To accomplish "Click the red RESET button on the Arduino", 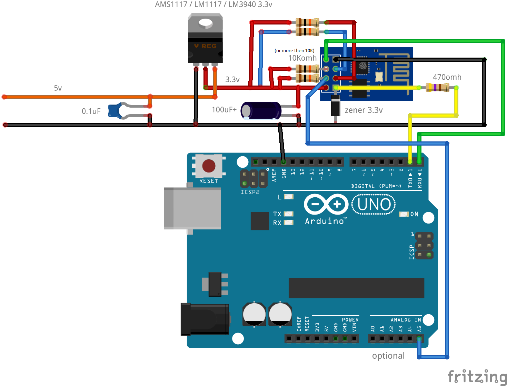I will pyautogui.click(x=209, y=166).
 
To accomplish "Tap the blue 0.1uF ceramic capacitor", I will pyautogui.click(x=115, y=111).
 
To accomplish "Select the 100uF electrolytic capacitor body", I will pyautogui.click(x=261, y=110).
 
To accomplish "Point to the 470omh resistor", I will pyautogui.click(x=437, y=88).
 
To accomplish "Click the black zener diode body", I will pyautogui.click(x=335, y=106).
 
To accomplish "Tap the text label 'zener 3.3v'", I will pyautogui.click(x=364, y=110).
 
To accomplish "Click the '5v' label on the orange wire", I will pyautogui.click(x=58, y=88).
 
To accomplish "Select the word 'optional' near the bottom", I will pyautogui.click(x=388, y=356).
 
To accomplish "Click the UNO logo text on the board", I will pyautogui.click(x=374, y=204).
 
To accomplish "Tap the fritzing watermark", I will pyautogui.click(x=477, y=376).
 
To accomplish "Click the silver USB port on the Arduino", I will pyautogui.click(x=192, y=208).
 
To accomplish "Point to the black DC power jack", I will pyautogui.click(x=205, y=319).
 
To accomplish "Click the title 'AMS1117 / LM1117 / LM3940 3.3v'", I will pyautogui.click(x=213, y=4).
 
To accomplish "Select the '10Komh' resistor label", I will pyautogui.click(x=302, y=58).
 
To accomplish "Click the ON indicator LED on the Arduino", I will pyautogui.click(x=404, y=214).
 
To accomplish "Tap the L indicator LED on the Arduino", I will pyautogui.click(x=288, y=197).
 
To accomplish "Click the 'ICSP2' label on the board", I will pyautogui.click(x=250, y=192).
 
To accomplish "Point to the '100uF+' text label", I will pyautogui.click(x=224, y=110).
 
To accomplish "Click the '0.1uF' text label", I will pyautogui.click(x=91, y=111).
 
